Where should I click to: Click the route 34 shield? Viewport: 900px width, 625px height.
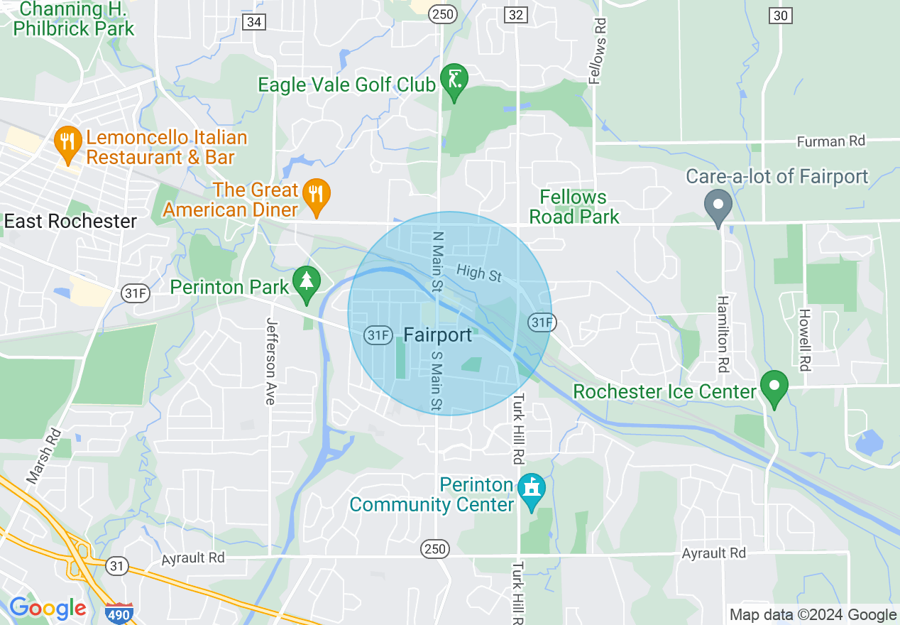(254, 22)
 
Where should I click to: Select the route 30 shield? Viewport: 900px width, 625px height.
(780, 15)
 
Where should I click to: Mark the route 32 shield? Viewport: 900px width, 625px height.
(516, 15)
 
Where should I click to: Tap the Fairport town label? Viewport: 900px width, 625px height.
(437, 335)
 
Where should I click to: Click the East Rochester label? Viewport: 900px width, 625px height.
(70, 222)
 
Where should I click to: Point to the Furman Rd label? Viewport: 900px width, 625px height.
(830, 141)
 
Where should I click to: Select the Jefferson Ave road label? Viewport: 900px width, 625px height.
(270, 361)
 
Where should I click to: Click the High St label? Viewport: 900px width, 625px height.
(479, 272)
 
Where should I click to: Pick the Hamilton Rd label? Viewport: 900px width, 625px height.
(723, 334)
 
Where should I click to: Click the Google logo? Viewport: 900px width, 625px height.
(48, 609)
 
